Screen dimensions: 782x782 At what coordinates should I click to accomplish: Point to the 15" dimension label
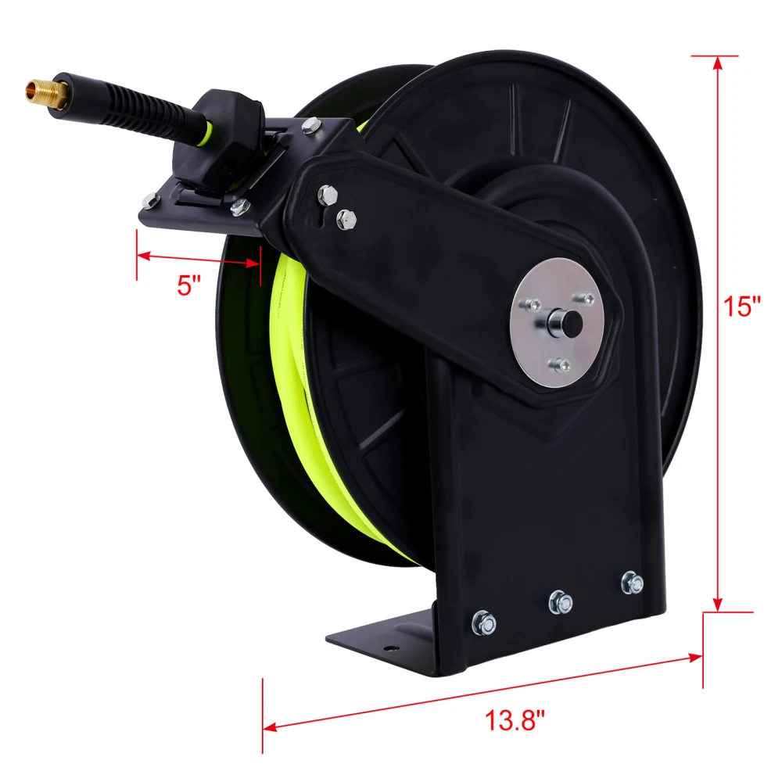coord(741,306)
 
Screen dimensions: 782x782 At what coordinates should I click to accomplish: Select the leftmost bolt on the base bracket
coord(483,622)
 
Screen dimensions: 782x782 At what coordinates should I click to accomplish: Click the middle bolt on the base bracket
coord(560,601)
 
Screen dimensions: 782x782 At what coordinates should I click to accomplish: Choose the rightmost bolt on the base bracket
coord(631,582)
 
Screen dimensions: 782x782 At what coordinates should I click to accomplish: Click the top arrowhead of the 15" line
coord(716,63)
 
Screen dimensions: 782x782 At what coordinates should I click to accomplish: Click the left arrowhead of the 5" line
coord(143,254)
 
